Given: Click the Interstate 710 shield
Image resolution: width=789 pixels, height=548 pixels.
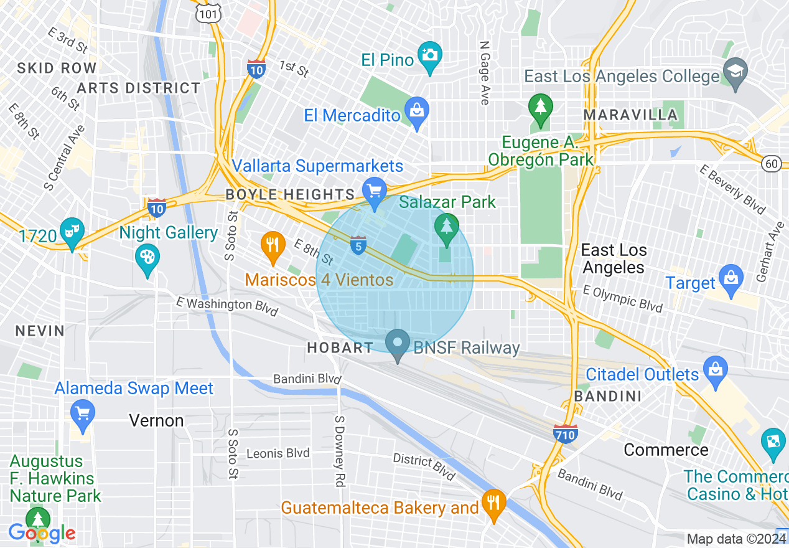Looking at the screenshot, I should click(565, 433).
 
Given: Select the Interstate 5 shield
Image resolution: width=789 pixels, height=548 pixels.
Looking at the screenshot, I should click(358, 245).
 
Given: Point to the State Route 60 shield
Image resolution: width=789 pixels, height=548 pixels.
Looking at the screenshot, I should click(772, 164).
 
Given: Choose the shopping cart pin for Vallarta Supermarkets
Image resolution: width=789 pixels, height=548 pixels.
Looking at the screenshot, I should click(374, 191).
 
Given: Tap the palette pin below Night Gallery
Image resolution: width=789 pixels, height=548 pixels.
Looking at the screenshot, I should click(147, 258).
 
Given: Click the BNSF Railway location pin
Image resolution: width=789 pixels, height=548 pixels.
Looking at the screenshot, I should click(398, 344).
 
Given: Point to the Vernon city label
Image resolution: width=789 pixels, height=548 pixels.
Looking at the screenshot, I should click(156, 421).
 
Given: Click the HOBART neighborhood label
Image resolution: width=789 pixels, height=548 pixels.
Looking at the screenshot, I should click(340, 348).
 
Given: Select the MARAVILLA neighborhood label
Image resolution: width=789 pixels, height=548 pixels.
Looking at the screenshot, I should click(630, 115).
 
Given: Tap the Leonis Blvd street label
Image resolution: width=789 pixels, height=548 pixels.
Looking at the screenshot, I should click(278, 453).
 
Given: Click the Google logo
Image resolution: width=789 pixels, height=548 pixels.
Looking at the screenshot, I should click(42, 533).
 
